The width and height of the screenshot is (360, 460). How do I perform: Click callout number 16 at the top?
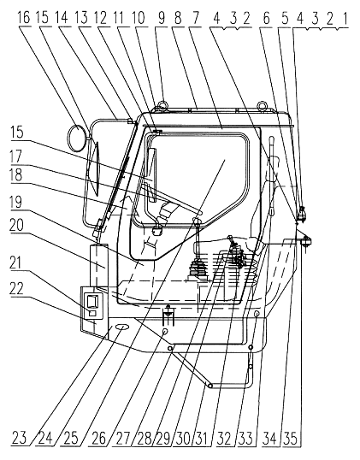pos(24,17)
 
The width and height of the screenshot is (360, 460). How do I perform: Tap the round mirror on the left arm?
pos(78,138)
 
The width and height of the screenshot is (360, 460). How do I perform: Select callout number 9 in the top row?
pos(161,17)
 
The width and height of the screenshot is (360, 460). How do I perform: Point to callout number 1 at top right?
pos(345,19)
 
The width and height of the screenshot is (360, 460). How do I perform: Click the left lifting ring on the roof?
pos(162,104)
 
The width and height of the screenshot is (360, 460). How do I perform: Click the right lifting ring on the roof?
pos(262,104)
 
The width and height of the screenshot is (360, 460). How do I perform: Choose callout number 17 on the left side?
pos(16,156)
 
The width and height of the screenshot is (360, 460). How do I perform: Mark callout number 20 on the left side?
pos(17,226)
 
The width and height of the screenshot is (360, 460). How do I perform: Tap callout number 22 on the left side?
pos(17,288)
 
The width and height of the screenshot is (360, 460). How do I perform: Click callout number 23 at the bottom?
pos(20,438)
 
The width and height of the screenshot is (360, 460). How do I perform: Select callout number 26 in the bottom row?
pos(98,438)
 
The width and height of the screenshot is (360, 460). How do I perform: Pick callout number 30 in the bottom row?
pos(182,439)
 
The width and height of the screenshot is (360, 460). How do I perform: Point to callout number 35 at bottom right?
pos(290,439)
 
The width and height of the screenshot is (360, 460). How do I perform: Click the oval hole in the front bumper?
pos(122,327)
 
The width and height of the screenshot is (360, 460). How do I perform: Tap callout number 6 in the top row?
pos(266,18)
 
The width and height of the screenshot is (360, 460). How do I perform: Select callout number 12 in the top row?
pos(100,17)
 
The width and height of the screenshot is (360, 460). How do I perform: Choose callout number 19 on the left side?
pos(16,203)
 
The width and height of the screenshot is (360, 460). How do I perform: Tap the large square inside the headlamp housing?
pos(92,301)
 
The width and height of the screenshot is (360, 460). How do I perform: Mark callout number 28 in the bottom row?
pos(144,439)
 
